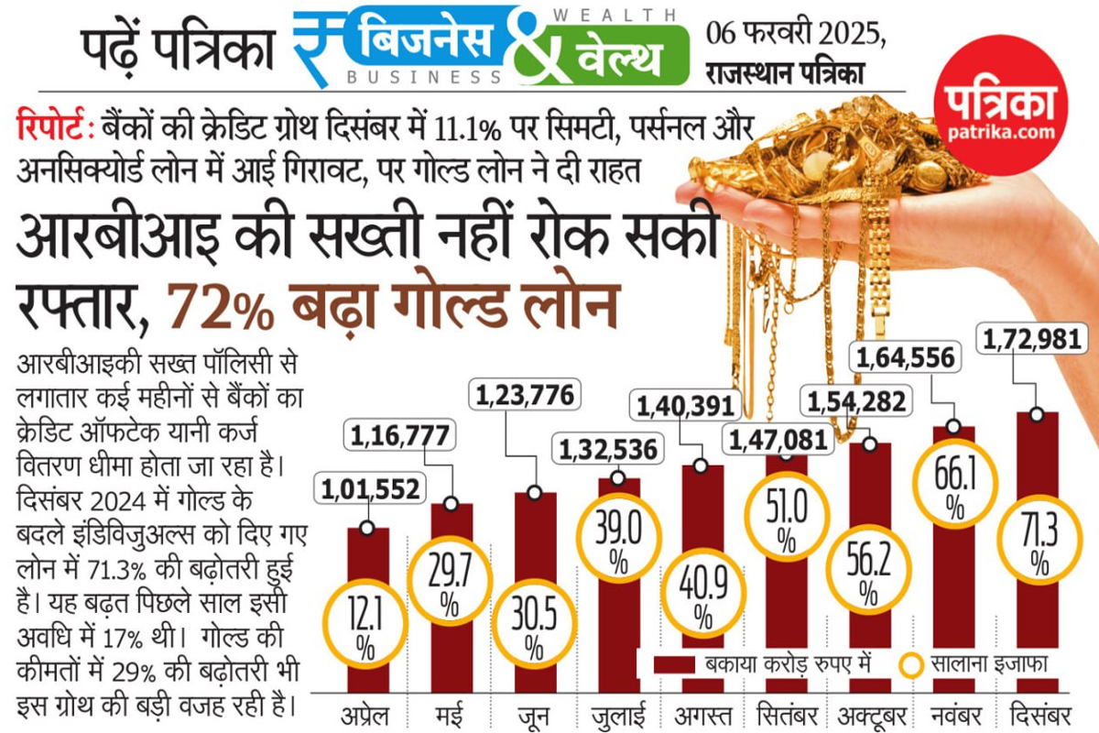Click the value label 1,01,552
click(370, 489)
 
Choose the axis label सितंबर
click(785, 713)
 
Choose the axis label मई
click(452, 713)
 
